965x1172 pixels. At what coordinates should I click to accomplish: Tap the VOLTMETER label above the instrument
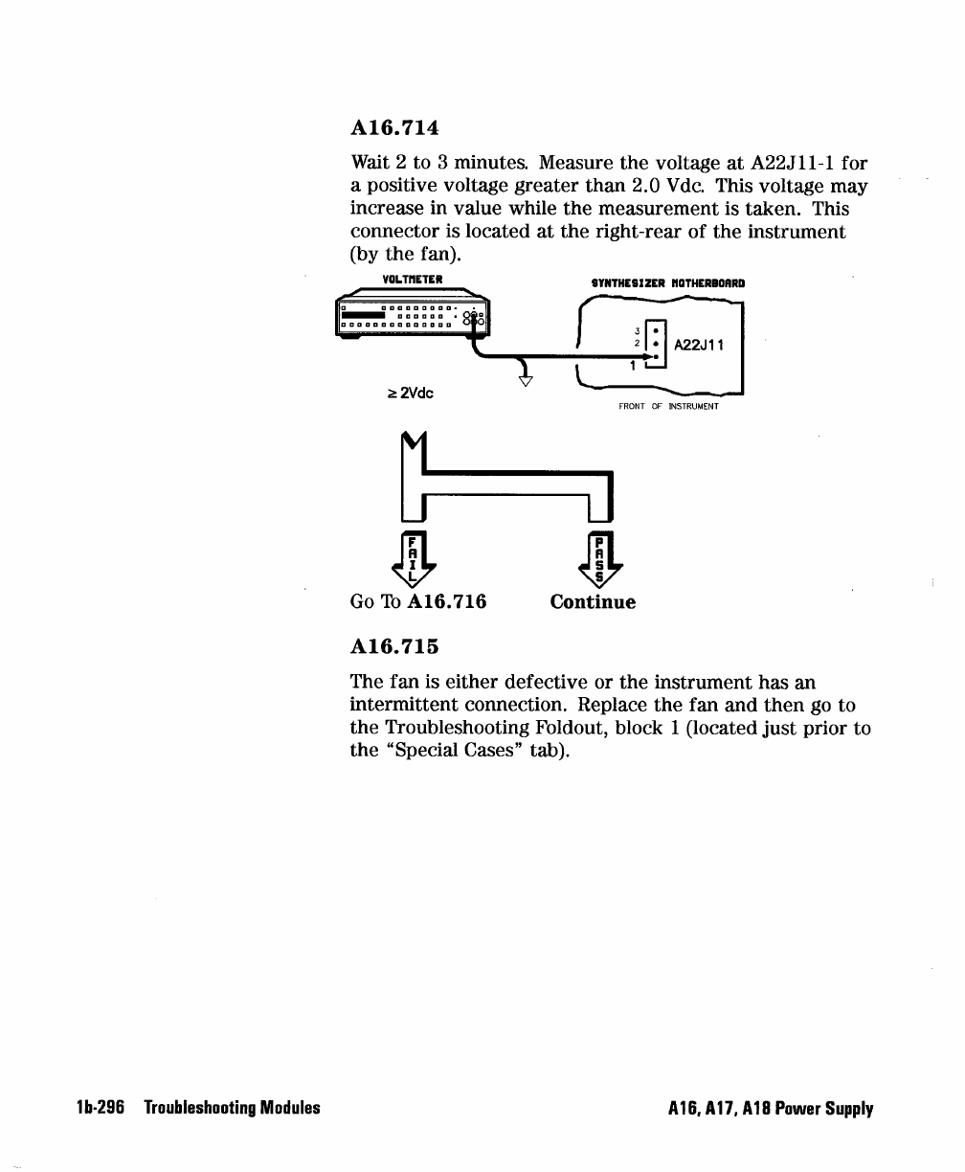coord(410,280)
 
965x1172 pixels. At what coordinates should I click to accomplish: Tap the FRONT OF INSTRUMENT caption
coord(668,406)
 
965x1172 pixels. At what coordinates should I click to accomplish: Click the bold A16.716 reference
coord(446,602)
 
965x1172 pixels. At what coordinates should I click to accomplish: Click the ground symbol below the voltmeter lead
coord(525,382)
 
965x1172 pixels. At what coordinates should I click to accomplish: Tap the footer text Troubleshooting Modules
coord(232,1109)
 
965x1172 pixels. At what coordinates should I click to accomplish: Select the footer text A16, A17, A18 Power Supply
coord(771,1110)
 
